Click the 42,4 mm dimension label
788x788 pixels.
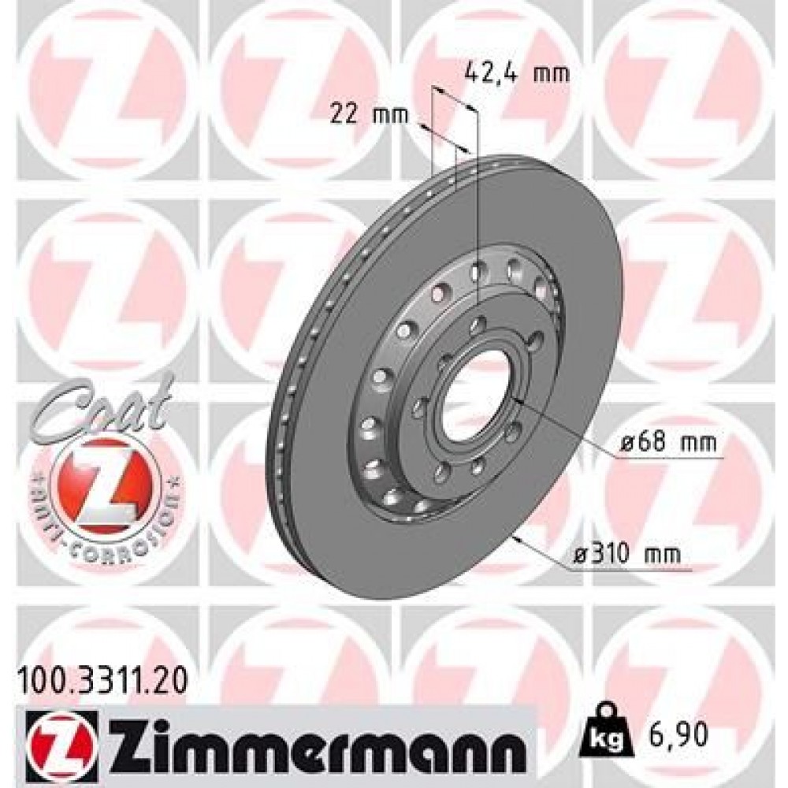[x=514, y=73]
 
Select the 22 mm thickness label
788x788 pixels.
[x=367, y=115]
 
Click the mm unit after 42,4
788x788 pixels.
[x=551, y=73]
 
